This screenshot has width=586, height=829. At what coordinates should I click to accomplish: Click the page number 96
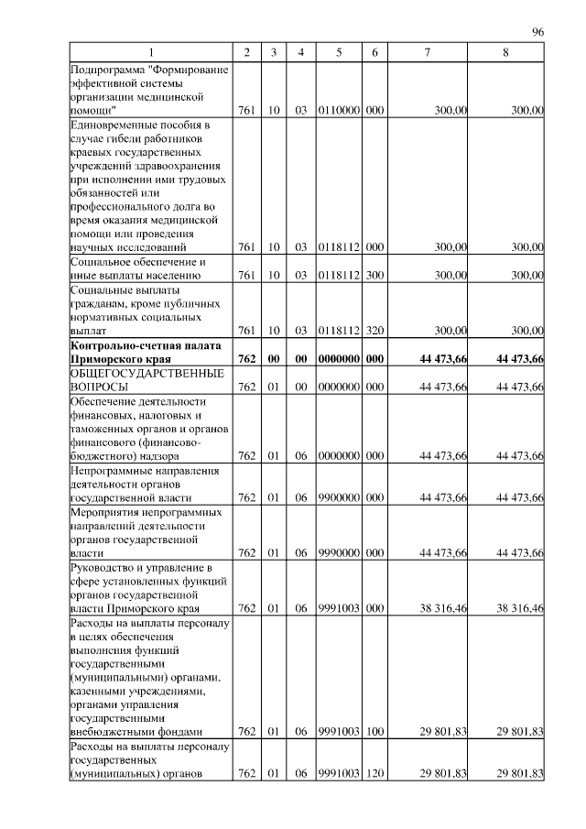pos(537,32)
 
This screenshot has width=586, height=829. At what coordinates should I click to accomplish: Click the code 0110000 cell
pos(339,110)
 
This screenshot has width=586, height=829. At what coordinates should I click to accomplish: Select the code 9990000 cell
pos(339,553)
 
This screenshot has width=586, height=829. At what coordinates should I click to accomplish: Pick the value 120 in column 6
pos(374,774)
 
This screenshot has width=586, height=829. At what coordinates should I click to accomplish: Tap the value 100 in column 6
pos(374,731)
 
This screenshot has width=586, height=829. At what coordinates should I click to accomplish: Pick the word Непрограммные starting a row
pos(111,471)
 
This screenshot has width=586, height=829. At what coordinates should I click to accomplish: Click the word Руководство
pos(103,568)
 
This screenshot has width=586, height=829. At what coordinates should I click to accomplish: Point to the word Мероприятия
pos(104,512)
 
